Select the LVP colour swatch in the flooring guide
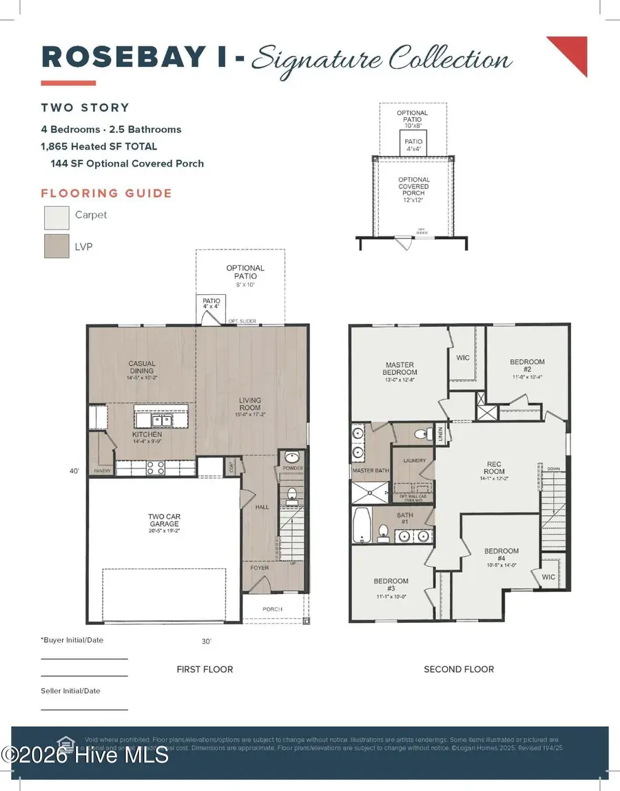pos(56,246)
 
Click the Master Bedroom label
pos(400,368)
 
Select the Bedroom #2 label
pos(527,365)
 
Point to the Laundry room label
pos(415,460)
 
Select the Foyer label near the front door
pos(260,568)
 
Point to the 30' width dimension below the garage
pos(205,641)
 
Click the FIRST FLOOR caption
pos(205,669)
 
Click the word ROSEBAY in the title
pos(123,58)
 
